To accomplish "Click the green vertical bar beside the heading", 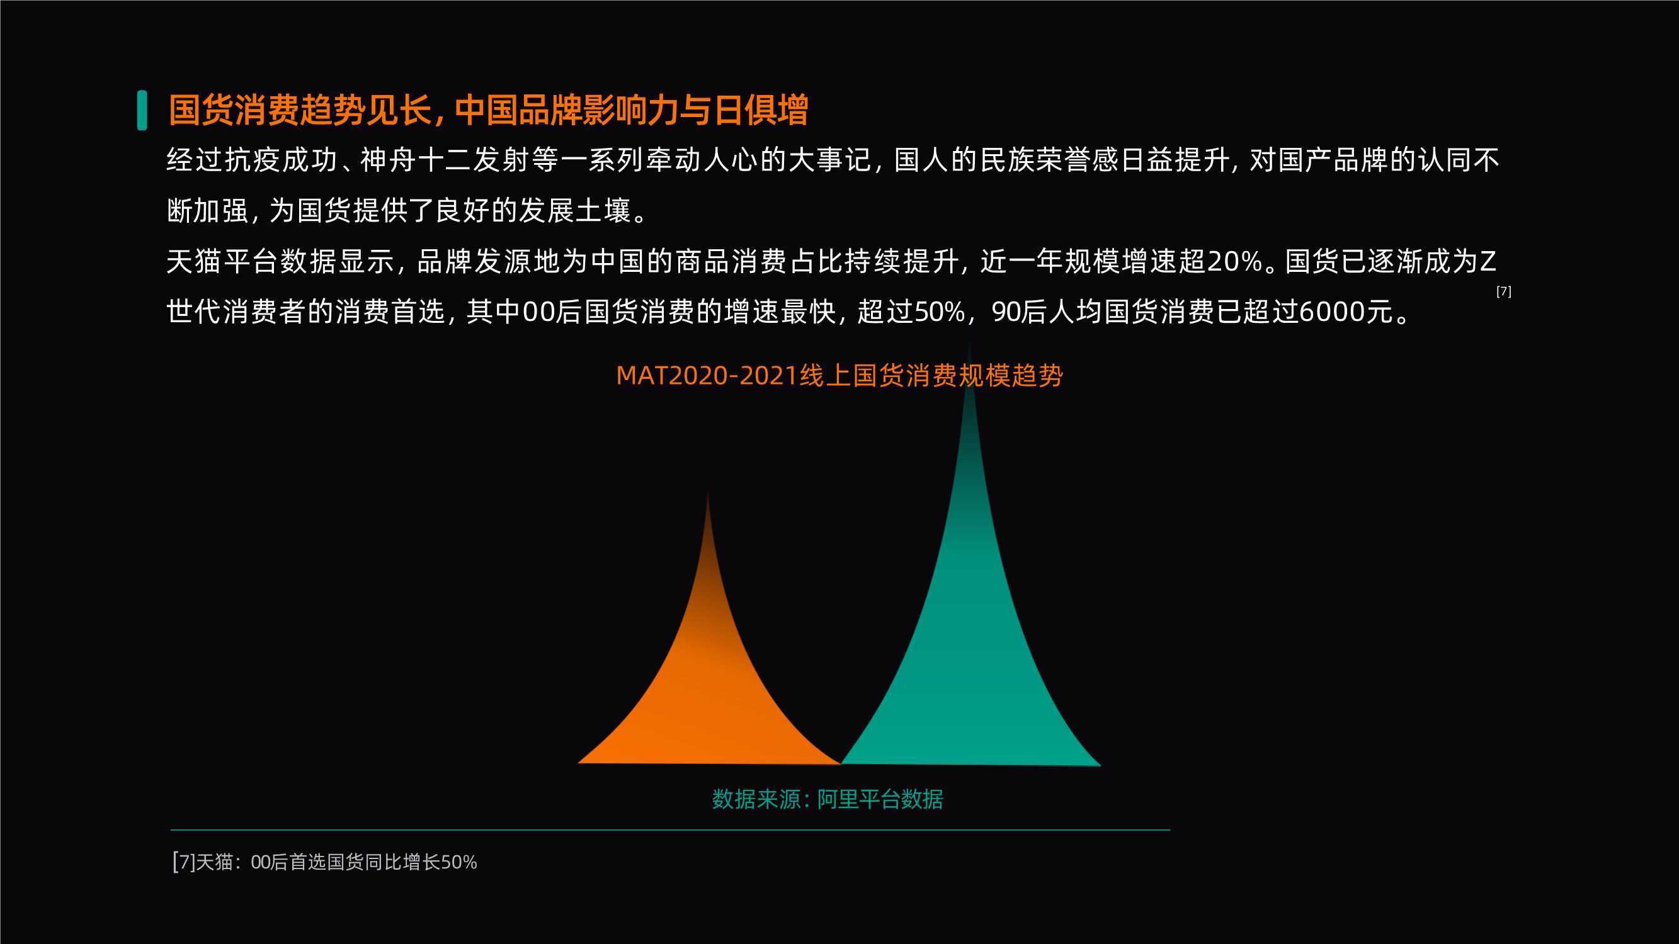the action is (142, 110).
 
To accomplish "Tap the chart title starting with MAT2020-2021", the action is (839, 376).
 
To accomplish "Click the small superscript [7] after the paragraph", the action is (1504, 291).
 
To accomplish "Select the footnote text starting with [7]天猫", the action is (324, 862).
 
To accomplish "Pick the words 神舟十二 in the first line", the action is (416, 160).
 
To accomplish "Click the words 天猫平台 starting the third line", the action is (222, 261).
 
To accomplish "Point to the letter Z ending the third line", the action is (1488, 261).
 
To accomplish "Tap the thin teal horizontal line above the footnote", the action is (670, 830).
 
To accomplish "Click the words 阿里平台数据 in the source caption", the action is (880, 799).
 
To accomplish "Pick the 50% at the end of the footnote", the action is (459, 863).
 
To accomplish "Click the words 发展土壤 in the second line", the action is (575, 210).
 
